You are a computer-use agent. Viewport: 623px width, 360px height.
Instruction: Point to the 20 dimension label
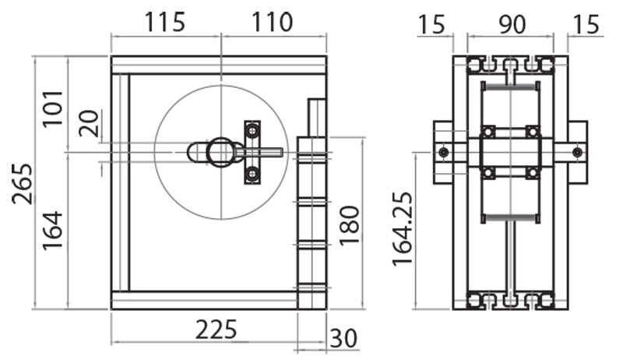pyautogui.click(x=91, y=123)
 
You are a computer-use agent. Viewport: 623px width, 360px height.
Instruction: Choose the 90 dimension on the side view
pyautogui.click(x=511, y=25)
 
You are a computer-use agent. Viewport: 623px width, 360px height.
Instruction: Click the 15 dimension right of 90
pyautogui.click(x=588, y=25)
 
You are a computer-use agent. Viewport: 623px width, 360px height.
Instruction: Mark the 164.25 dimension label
pyautogui.click(x=403, y=228)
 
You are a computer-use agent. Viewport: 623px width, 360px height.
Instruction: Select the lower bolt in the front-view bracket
pyautogui.click(x=252, y=173)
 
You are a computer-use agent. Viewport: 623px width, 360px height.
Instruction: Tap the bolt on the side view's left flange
pyautogui.click(x=443, y=150)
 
